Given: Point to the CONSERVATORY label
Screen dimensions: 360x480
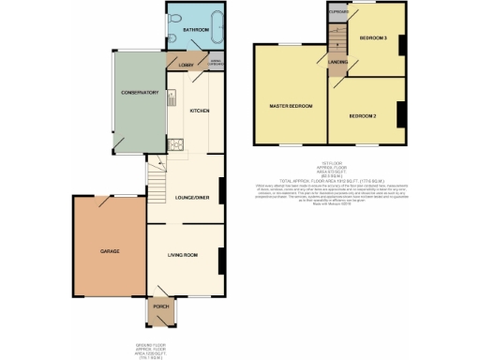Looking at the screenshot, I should [138, 93].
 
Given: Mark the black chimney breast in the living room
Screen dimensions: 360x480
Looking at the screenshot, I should [220, 260].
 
